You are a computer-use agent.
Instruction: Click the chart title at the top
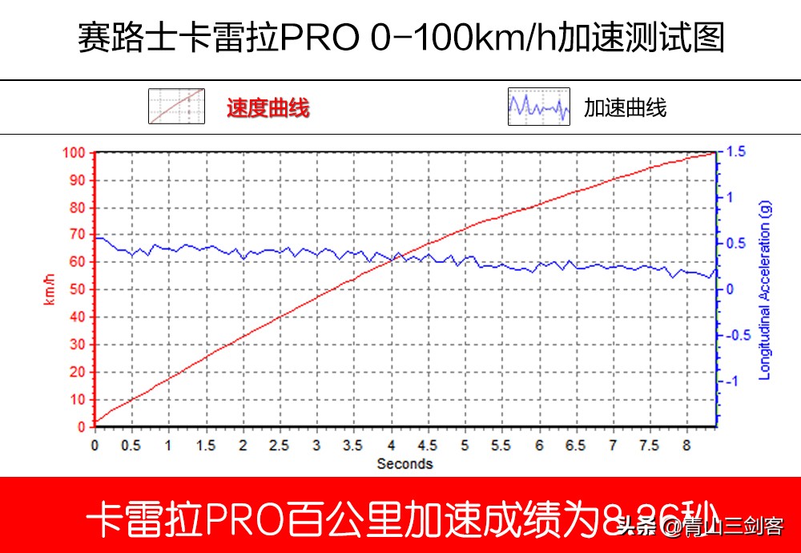[x=400, y=38]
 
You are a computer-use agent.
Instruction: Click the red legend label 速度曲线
[x=268, y=107]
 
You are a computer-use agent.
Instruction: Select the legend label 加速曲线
[x=625, y=107]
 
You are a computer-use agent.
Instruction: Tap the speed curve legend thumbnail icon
[x=176, y=107]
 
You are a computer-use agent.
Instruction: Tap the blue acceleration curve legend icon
[x=538, y=107]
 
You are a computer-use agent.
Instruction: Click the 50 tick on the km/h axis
[x=78, y=289]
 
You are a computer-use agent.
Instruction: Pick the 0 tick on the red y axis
[x=82, y=427]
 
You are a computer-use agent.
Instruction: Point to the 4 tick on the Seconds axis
[x=391, y=445]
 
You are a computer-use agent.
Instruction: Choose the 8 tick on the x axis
[x=686, y=445]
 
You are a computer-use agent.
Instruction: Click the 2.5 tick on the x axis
[x=280, y=445]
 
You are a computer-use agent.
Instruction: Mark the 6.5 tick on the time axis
[x=575, y=445]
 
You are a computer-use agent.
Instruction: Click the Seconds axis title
[x=405, y=463]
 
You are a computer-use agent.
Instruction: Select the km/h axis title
[x=50, y=289]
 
